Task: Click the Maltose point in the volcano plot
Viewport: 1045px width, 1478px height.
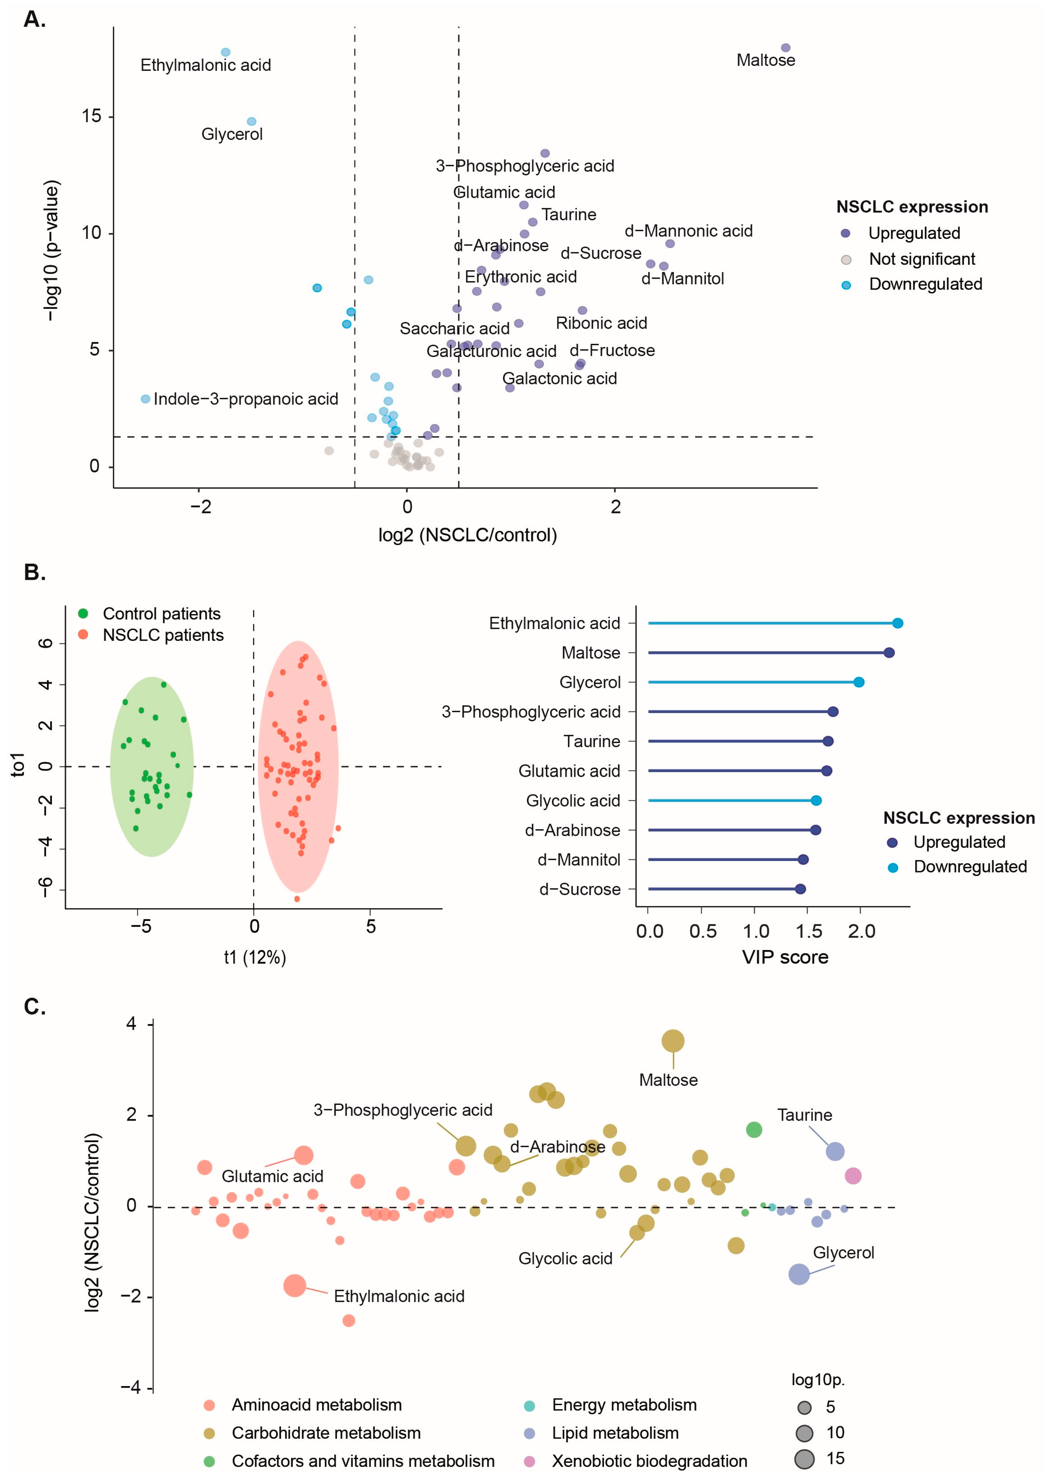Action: [x=785, y=48]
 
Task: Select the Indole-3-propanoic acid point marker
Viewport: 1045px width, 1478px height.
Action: [x=145, y=399]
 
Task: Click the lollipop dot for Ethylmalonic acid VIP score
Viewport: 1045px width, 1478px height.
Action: [x=898, y=623]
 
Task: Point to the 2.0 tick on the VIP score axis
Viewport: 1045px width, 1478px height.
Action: [x=861, y=931]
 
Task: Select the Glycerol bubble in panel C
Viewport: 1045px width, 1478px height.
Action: [x=798, y=1274]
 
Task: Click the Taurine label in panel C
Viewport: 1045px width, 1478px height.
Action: [x=804, y=1115]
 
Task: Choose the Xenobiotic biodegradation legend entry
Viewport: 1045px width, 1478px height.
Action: [x=649, y=1461]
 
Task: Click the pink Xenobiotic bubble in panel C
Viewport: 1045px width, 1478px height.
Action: [x=852, y=1176]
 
